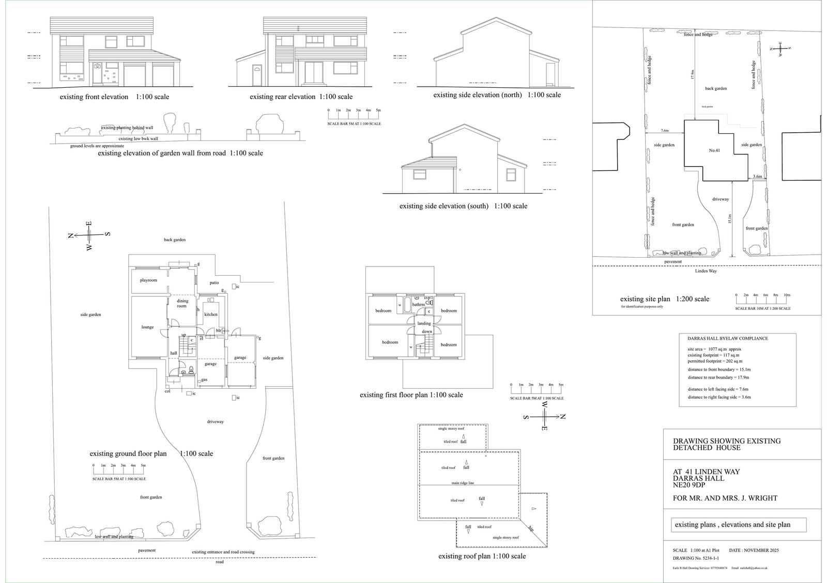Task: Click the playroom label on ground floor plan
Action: pyautogui.click(x=148, y=280)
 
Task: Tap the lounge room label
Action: pyautogui.click(x=147, y=327)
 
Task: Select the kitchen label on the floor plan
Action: pyautogui.click(x=210, y=314)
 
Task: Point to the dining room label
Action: pyautogui.click(x=182, y=304)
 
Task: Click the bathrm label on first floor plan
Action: pyautogui.click(x=418, y=305)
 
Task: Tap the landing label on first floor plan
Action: pyautogui.click(x=424, y=323)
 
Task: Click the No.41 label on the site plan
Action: pyautogui.click(x=714, y=150)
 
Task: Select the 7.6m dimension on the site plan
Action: pyautogui.click(x=664, y=131)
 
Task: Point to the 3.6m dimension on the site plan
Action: pyautogui.click(x=757, y=177)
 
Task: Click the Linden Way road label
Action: pyautogui.click(x=706, y=271)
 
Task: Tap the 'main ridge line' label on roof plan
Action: pyautogui.click(x=462, y=483)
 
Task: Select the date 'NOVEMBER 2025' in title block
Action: pyautogui.click(x=761, y=550)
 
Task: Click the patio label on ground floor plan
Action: pyautogui.click(x=214, y=283)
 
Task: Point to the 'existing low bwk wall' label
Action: pyautogui.click(x=138, y=138)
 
